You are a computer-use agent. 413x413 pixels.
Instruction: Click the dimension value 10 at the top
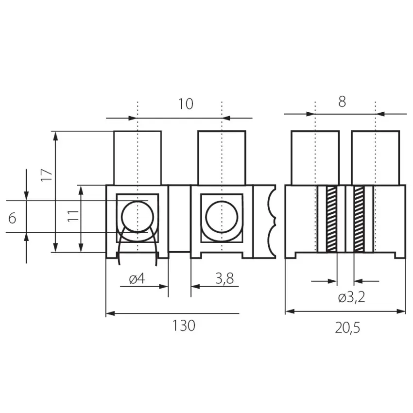tap(186, 103)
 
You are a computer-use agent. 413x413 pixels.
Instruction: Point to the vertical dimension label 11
tap(73, 216)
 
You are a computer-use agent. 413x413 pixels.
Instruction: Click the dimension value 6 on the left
tap(13, 218)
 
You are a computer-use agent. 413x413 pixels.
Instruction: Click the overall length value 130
tap(184, 326)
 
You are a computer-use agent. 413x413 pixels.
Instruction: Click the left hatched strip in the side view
tap(331, 219)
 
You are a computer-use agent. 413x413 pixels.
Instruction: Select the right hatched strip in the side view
tap(359, 219)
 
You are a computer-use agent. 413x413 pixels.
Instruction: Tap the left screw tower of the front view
tap(138, 158)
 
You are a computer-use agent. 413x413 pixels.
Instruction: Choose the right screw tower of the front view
tap(222, 158)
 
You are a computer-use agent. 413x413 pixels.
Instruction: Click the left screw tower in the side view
tap(315, 158)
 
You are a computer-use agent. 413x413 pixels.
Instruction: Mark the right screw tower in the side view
tap(376, 158)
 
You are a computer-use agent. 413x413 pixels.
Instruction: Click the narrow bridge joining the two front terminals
tap(179, 219)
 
